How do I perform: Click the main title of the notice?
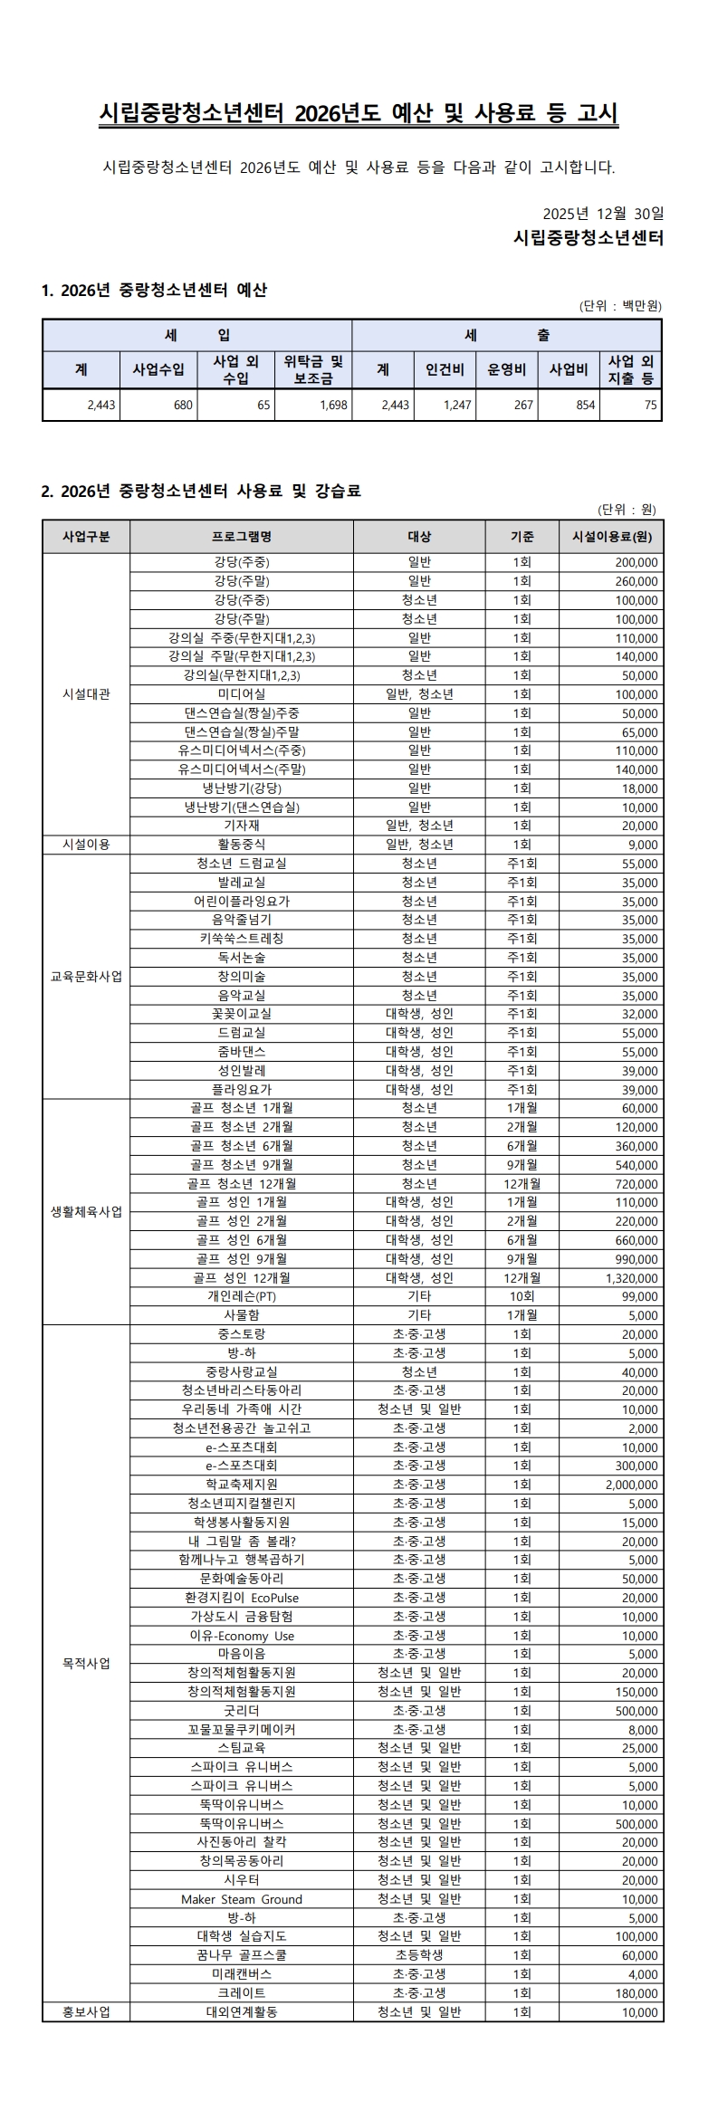359,113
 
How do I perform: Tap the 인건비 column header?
445,369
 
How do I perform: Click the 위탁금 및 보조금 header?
313,369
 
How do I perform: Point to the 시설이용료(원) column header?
612,537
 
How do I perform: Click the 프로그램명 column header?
241,537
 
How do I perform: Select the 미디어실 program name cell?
241,694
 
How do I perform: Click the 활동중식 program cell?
241,845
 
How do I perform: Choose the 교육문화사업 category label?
86,977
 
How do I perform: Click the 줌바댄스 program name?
241,1052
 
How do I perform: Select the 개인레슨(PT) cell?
241,1296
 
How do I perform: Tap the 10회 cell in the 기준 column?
522,1296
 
